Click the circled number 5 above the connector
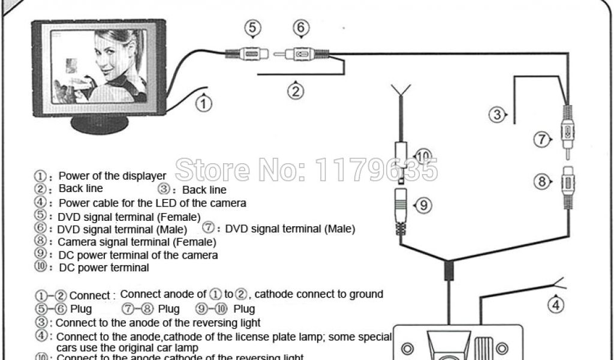tap(252, 29)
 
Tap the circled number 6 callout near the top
tap(300, 29)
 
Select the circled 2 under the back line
tap(295, 91)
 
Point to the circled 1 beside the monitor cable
tap(204, 104)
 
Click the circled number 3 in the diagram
tap(497, 114)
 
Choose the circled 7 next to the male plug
tap(542, 140)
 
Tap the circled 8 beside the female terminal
tap(542, 181)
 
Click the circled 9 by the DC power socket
tap(423, 205)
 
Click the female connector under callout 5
tap(248, 54)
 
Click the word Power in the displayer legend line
tap(74, 176)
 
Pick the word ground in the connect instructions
tap(363, 294)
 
